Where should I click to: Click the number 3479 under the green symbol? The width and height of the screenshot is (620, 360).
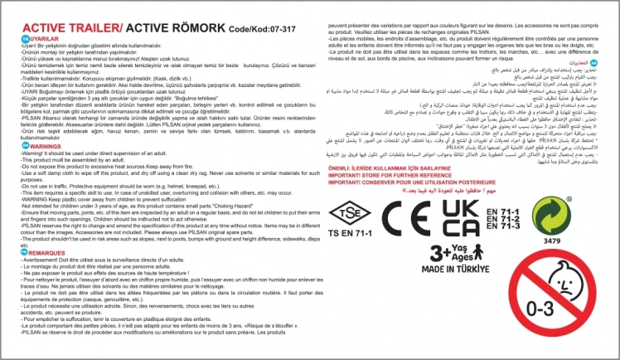[550, 241]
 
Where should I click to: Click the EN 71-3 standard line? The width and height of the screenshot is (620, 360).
[505, 225]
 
